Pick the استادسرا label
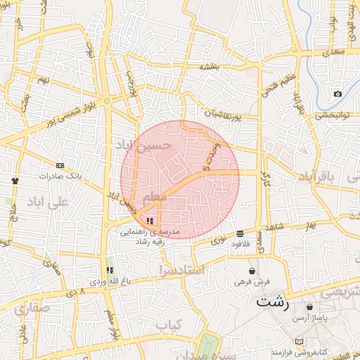pos(181,269)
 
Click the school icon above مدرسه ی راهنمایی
pos(150,220)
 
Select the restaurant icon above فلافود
pos(240,233)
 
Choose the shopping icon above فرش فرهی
pos(252,271)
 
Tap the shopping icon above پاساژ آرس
pos(310,307)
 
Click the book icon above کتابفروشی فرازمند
pos(300,342)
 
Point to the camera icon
pos(337,94)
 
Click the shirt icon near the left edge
pos(15,180)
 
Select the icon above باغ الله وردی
pos(109,270)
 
